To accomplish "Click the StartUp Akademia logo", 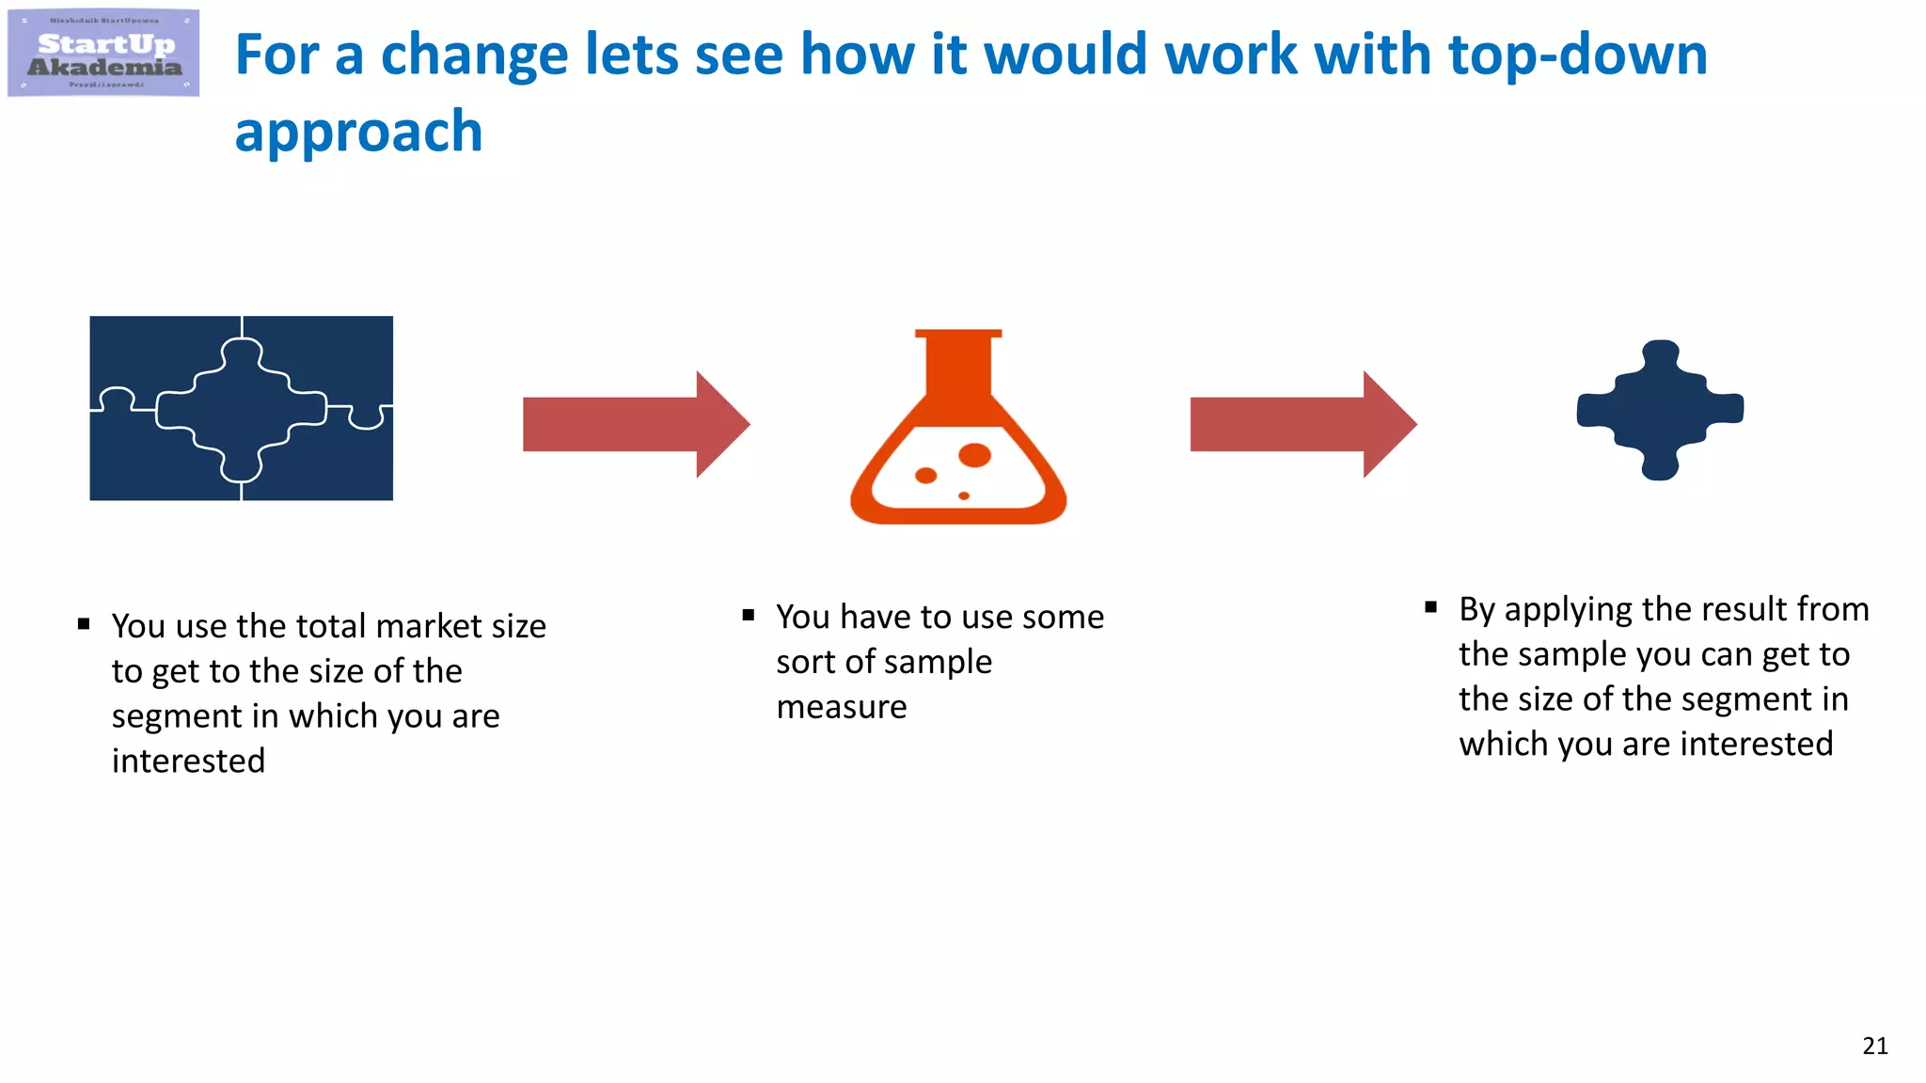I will tap(103, 54).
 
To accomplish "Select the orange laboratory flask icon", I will tap(958, 428).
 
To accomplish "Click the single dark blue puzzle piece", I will tap(1660, 410).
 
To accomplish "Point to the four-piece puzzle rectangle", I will tap(241, 408).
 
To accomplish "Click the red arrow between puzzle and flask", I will tap(636, 424).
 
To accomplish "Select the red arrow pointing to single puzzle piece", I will tap(1302, 424).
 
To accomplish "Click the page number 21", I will tap(1874, 1046).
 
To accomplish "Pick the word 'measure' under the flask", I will tap(842, 707).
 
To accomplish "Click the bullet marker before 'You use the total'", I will tap(84, 623).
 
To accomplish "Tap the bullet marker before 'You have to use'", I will tap(749, 616).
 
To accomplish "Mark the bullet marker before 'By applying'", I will tap(1430, 607).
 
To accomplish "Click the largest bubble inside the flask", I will tap(974, 455).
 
